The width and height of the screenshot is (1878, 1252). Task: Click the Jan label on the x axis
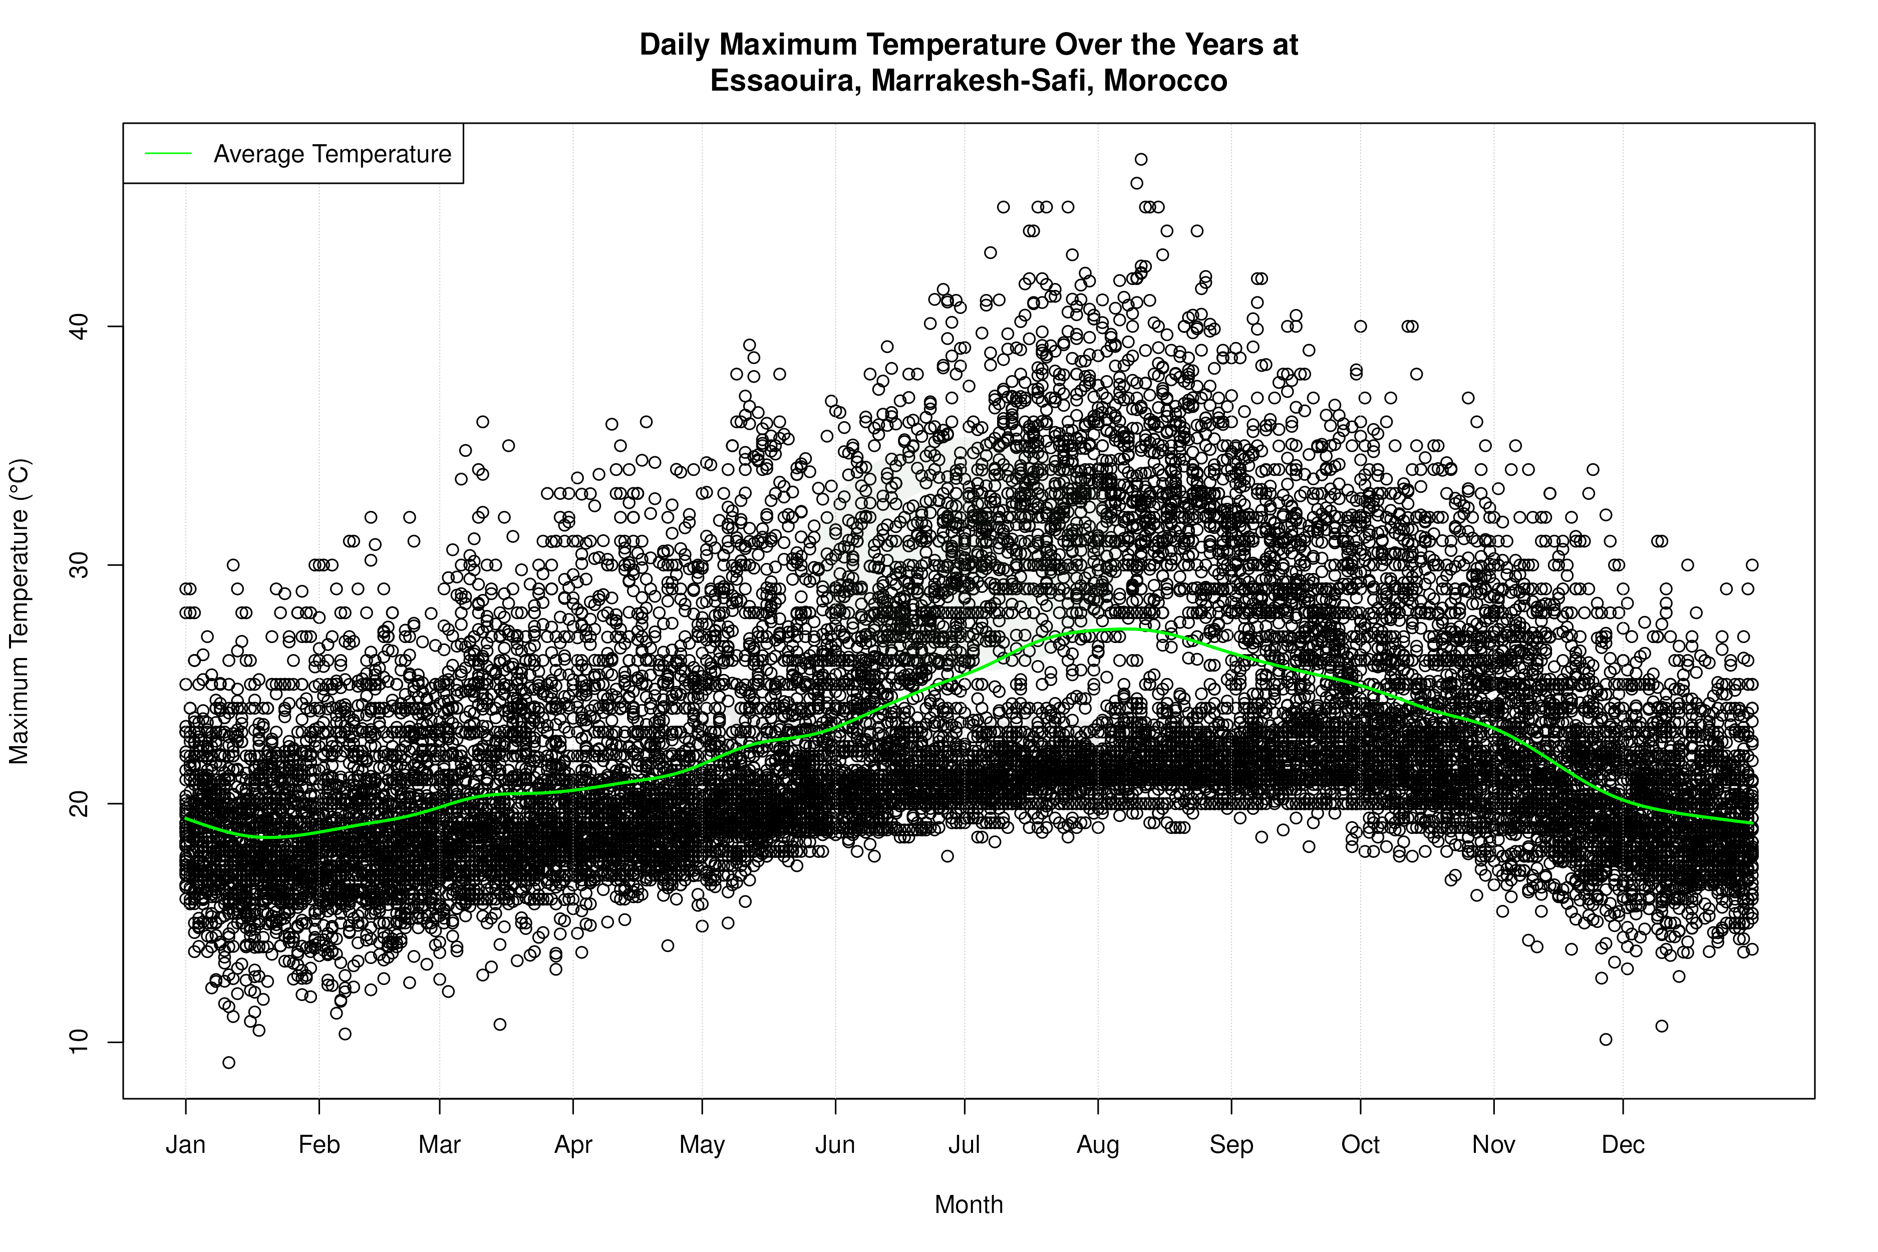(x=186, y=1145)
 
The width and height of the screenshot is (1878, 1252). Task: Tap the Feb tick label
(x=320, y=1145)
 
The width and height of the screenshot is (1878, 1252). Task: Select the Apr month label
(x=573, y=1145)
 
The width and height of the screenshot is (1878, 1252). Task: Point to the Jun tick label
(x=835, y=1145)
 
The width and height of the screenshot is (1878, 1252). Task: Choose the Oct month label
(x=1361, y=1145)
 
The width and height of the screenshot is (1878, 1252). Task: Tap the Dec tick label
(x=1623, y=1145)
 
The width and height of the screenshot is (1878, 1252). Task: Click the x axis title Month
(x=969, y=1205)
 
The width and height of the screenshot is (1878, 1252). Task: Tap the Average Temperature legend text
(x=332, y=154)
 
